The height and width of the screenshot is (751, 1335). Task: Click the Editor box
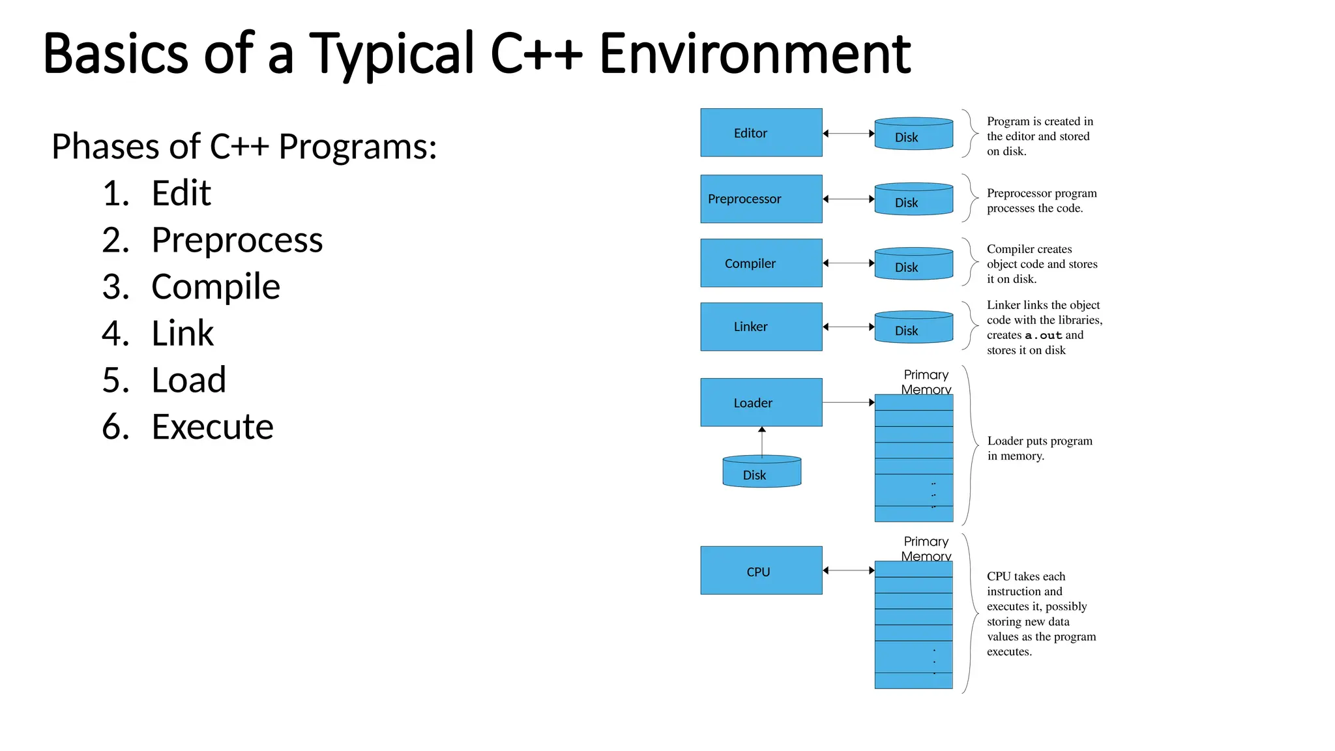pos(761,132)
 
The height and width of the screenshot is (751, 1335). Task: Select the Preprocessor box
pos(761,199)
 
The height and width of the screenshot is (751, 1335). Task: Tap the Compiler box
pos(761,263)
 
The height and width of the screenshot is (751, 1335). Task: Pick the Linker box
pos(761,327)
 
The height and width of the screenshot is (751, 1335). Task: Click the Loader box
pos(761,402)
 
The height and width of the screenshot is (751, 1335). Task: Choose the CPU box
pos(761,570)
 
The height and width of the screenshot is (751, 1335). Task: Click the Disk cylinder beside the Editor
pos(913,134)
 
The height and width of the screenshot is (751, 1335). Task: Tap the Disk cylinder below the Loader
pos(761,472)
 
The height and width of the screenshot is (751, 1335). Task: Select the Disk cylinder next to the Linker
pos(913,327)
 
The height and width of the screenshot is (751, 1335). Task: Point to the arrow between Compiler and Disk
pos(848,263)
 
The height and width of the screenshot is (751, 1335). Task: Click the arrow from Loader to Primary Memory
pos(848,402)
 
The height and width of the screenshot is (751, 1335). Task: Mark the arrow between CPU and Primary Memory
pos(848,570)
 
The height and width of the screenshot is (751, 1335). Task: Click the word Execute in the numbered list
pos(212,427)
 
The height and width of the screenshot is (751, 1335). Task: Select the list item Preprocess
pos(237,241)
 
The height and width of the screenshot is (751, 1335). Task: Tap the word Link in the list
pos(183,334)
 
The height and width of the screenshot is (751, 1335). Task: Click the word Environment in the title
pos(754,53)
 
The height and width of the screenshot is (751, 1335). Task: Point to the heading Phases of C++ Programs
pos(244,147)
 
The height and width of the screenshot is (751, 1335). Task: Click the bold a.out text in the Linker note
pos(1043,336)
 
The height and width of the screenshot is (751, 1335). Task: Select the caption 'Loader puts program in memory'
pos(1039,448)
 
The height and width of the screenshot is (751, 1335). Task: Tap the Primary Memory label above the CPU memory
pos(926,548)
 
